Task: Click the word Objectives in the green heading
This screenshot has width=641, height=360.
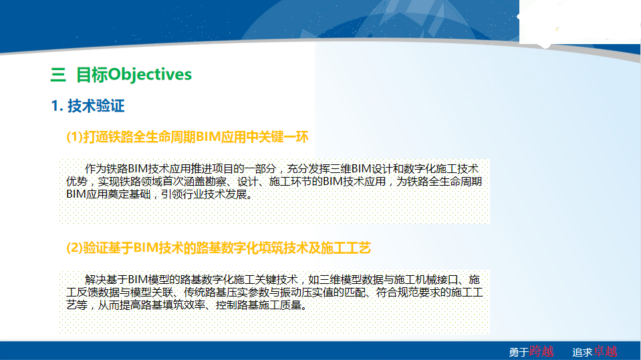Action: coord(150,75)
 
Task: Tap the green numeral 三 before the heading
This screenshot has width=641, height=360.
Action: coord(58,75)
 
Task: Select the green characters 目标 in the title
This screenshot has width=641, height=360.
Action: coord(92,75)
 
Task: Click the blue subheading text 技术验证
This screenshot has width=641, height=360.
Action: coord(96,106)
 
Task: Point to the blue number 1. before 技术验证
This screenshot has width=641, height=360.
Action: coord(57,106)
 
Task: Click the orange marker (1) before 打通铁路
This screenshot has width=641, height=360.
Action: coord(74,137)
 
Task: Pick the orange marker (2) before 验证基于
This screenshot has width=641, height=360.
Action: coord(74,248)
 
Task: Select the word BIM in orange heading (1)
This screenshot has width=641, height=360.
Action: coord(208,137)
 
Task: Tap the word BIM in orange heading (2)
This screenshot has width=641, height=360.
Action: coord(146,248)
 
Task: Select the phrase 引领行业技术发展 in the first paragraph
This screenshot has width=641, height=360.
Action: coord(204,194)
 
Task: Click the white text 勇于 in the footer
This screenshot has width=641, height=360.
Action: coord(519,352)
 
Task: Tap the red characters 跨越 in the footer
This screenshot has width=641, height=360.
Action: coord(541,351)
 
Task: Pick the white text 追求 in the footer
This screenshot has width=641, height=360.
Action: coord(583,352)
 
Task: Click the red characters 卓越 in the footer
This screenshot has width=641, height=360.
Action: coord(606,351)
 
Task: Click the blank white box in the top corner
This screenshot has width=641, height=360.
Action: coord(580,21)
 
